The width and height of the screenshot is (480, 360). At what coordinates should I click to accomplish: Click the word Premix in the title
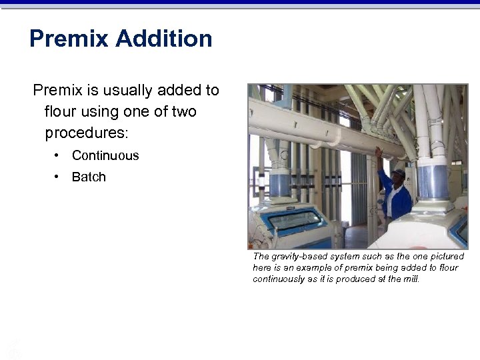69,39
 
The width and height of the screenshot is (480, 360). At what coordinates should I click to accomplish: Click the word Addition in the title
163,39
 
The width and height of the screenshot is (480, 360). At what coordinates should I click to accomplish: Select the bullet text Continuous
105,155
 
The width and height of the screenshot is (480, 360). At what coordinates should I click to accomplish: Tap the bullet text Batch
89,177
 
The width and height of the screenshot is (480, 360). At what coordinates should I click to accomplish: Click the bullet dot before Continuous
59,155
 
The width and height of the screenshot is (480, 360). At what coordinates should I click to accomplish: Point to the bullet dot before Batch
59,177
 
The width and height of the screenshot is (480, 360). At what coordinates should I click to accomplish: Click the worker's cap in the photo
399,173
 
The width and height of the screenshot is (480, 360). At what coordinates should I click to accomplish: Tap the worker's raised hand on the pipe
378,152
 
